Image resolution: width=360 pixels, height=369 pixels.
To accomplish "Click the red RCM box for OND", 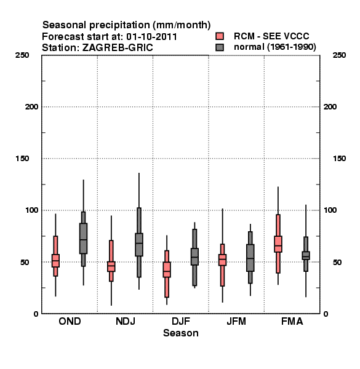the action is coord(55,261).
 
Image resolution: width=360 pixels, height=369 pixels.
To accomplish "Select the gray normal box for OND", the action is coord(83,238).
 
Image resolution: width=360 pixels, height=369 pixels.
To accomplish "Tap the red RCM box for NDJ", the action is coord(111,266).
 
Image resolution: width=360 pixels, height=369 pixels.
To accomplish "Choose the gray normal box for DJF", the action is coord(194,256).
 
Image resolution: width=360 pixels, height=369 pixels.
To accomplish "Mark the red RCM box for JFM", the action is coord(222,260).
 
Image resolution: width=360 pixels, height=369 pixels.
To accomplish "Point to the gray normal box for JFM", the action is coord(250,258).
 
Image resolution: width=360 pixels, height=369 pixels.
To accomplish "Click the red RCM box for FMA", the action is coord(278,244).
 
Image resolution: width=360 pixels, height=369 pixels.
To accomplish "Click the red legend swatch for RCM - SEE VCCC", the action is coord(220,36).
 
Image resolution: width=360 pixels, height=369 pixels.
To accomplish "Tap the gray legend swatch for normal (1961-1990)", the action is coord(220,47).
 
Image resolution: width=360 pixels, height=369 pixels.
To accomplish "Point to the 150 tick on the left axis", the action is coord(22,159).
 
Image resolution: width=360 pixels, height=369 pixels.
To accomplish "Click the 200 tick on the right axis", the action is coord(330,107).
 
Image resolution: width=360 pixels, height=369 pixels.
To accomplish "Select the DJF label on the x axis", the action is coord(180,321).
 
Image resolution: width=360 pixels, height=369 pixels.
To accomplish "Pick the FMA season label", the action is coord(292,321).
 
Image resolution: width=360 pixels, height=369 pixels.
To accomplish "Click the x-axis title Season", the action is coord(180,333).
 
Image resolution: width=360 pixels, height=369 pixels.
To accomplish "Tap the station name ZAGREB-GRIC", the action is coord(118,48).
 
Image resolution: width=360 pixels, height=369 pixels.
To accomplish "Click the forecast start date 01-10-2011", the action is coord(151,37).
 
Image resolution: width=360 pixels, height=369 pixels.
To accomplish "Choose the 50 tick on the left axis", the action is coord(25,262).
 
